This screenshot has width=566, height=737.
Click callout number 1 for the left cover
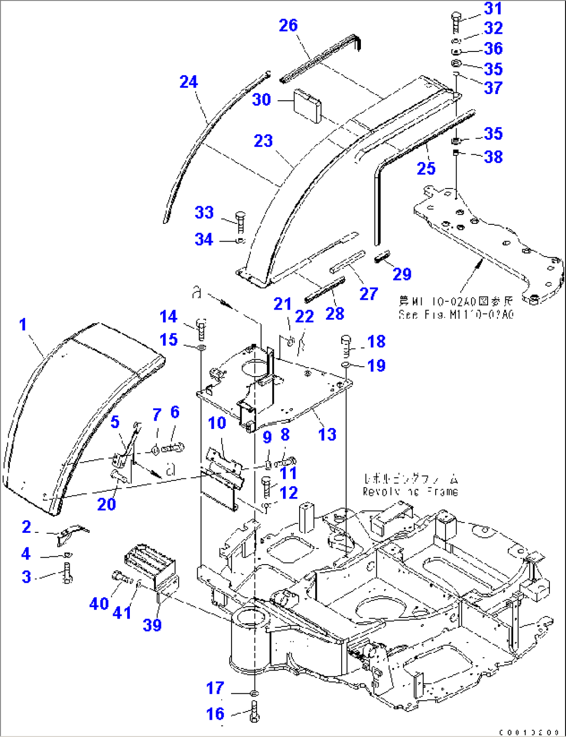[23, 325]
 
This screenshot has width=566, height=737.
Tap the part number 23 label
[263, 141]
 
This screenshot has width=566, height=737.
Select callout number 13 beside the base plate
[327, 434]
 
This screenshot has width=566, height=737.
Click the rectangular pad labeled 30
[308, 106]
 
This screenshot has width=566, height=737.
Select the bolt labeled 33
[240, 222]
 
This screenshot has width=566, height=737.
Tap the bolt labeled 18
[346, 344]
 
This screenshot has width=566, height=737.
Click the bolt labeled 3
[67, 573]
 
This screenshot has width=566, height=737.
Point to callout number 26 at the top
[288, 25]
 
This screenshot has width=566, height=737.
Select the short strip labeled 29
[383, 257]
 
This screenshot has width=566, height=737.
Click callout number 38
[493, 156]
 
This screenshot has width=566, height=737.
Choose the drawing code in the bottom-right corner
[528, 732]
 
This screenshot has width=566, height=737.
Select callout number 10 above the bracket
[217, 423]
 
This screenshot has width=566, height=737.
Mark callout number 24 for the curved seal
[189, 82]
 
